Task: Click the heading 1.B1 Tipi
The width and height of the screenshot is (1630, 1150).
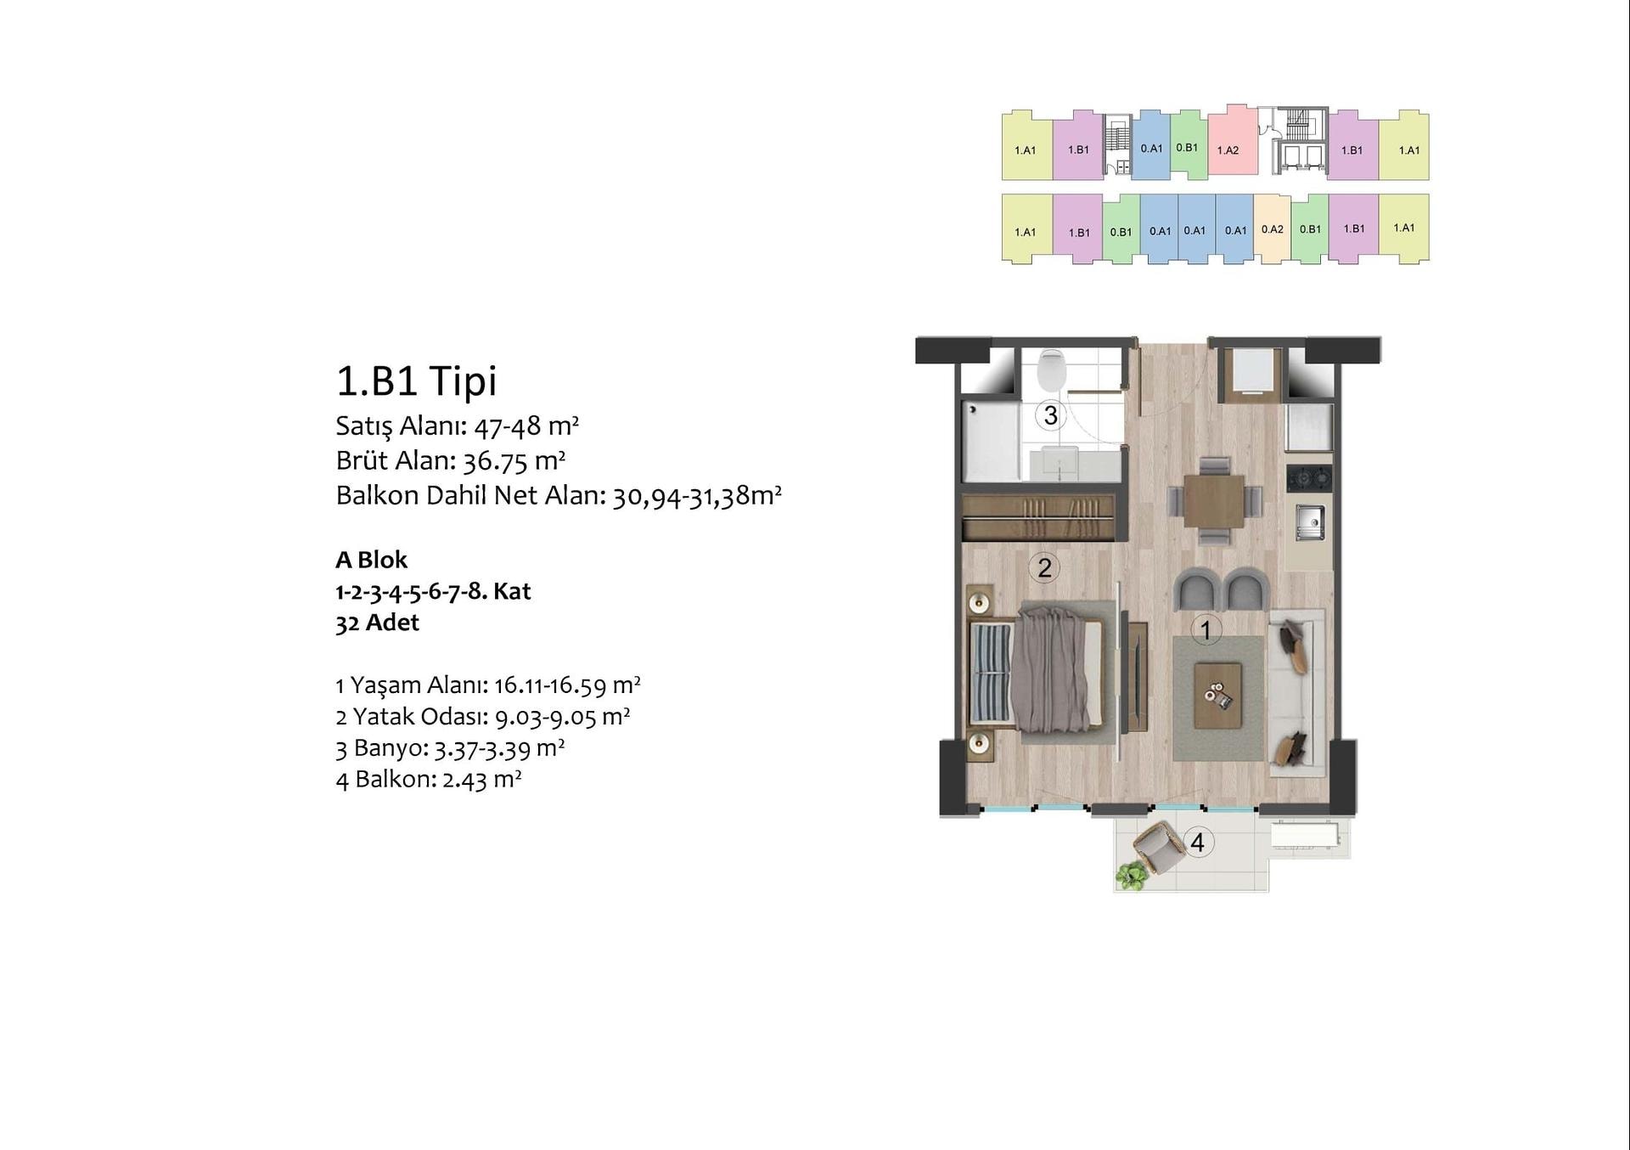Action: (x=416, y=381)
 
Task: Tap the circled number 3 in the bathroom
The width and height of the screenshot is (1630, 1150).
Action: (x=1051, y=415)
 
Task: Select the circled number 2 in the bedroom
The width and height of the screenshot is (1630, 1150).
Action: (x=1044, y=567)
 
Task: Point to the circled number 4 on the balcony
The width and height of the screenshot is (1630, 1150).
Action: (x=1197, y=842)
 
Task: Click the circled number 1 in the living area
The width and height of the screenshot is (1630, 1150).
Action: (x=1206, y=629)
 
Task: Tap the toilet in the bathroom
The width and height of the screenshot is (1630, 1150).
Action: (x=1052, y=368)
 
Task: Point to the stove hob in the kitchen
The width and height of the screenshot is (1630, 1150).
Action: (x=1308, y=478)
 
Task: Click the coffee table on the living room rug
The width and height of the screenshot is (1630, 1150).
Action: (x=1217, y=696)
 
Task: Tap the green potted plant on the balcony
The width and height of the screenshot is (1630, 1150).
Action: (x=1131, y=875)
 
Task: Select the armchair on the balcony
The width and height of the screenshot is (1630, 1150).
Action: (x=1156, y=848)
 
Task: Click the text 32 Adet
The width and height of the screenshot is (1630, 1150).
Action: (x=378, y=623)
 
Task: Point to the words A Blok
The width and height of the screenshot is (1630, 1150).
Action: (x=372, y=560)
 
